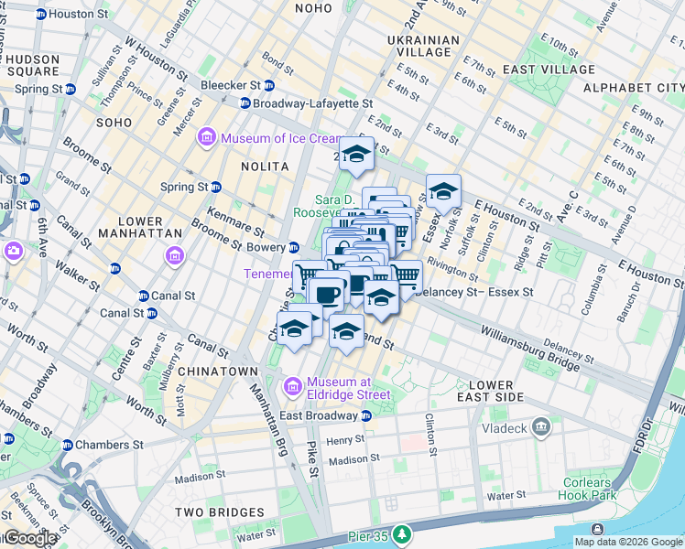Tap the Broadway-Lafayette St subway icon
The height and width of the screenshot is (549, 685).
[x=245, y=103]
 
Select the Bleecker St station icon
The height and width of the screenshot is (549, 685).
[x=269, y=85]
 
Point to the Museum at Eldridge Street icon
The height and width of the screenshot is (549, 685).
[x=293, y=388]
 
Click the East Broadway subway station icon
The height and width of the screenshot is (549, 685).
[x=366, y=415]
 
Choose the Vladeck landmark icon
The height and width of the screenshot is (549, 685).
[x=541, y=426]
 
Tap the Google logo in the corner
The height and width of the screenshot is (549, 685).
[x=29, y=538]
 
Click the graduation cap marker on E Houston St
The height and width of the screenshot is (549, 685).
[x=443, y=193]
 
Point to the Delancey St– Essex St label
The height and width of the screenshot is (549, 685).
[x=473, y=292]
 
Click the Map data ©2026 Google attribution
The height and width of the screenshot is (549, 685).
[x=627, y=542]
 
